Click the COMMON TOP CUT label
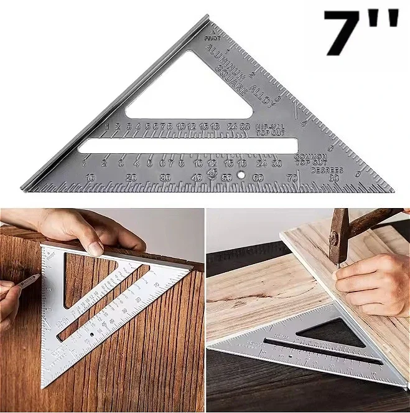coord(310,158)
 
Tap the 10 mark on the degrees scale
coord(91,178)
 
